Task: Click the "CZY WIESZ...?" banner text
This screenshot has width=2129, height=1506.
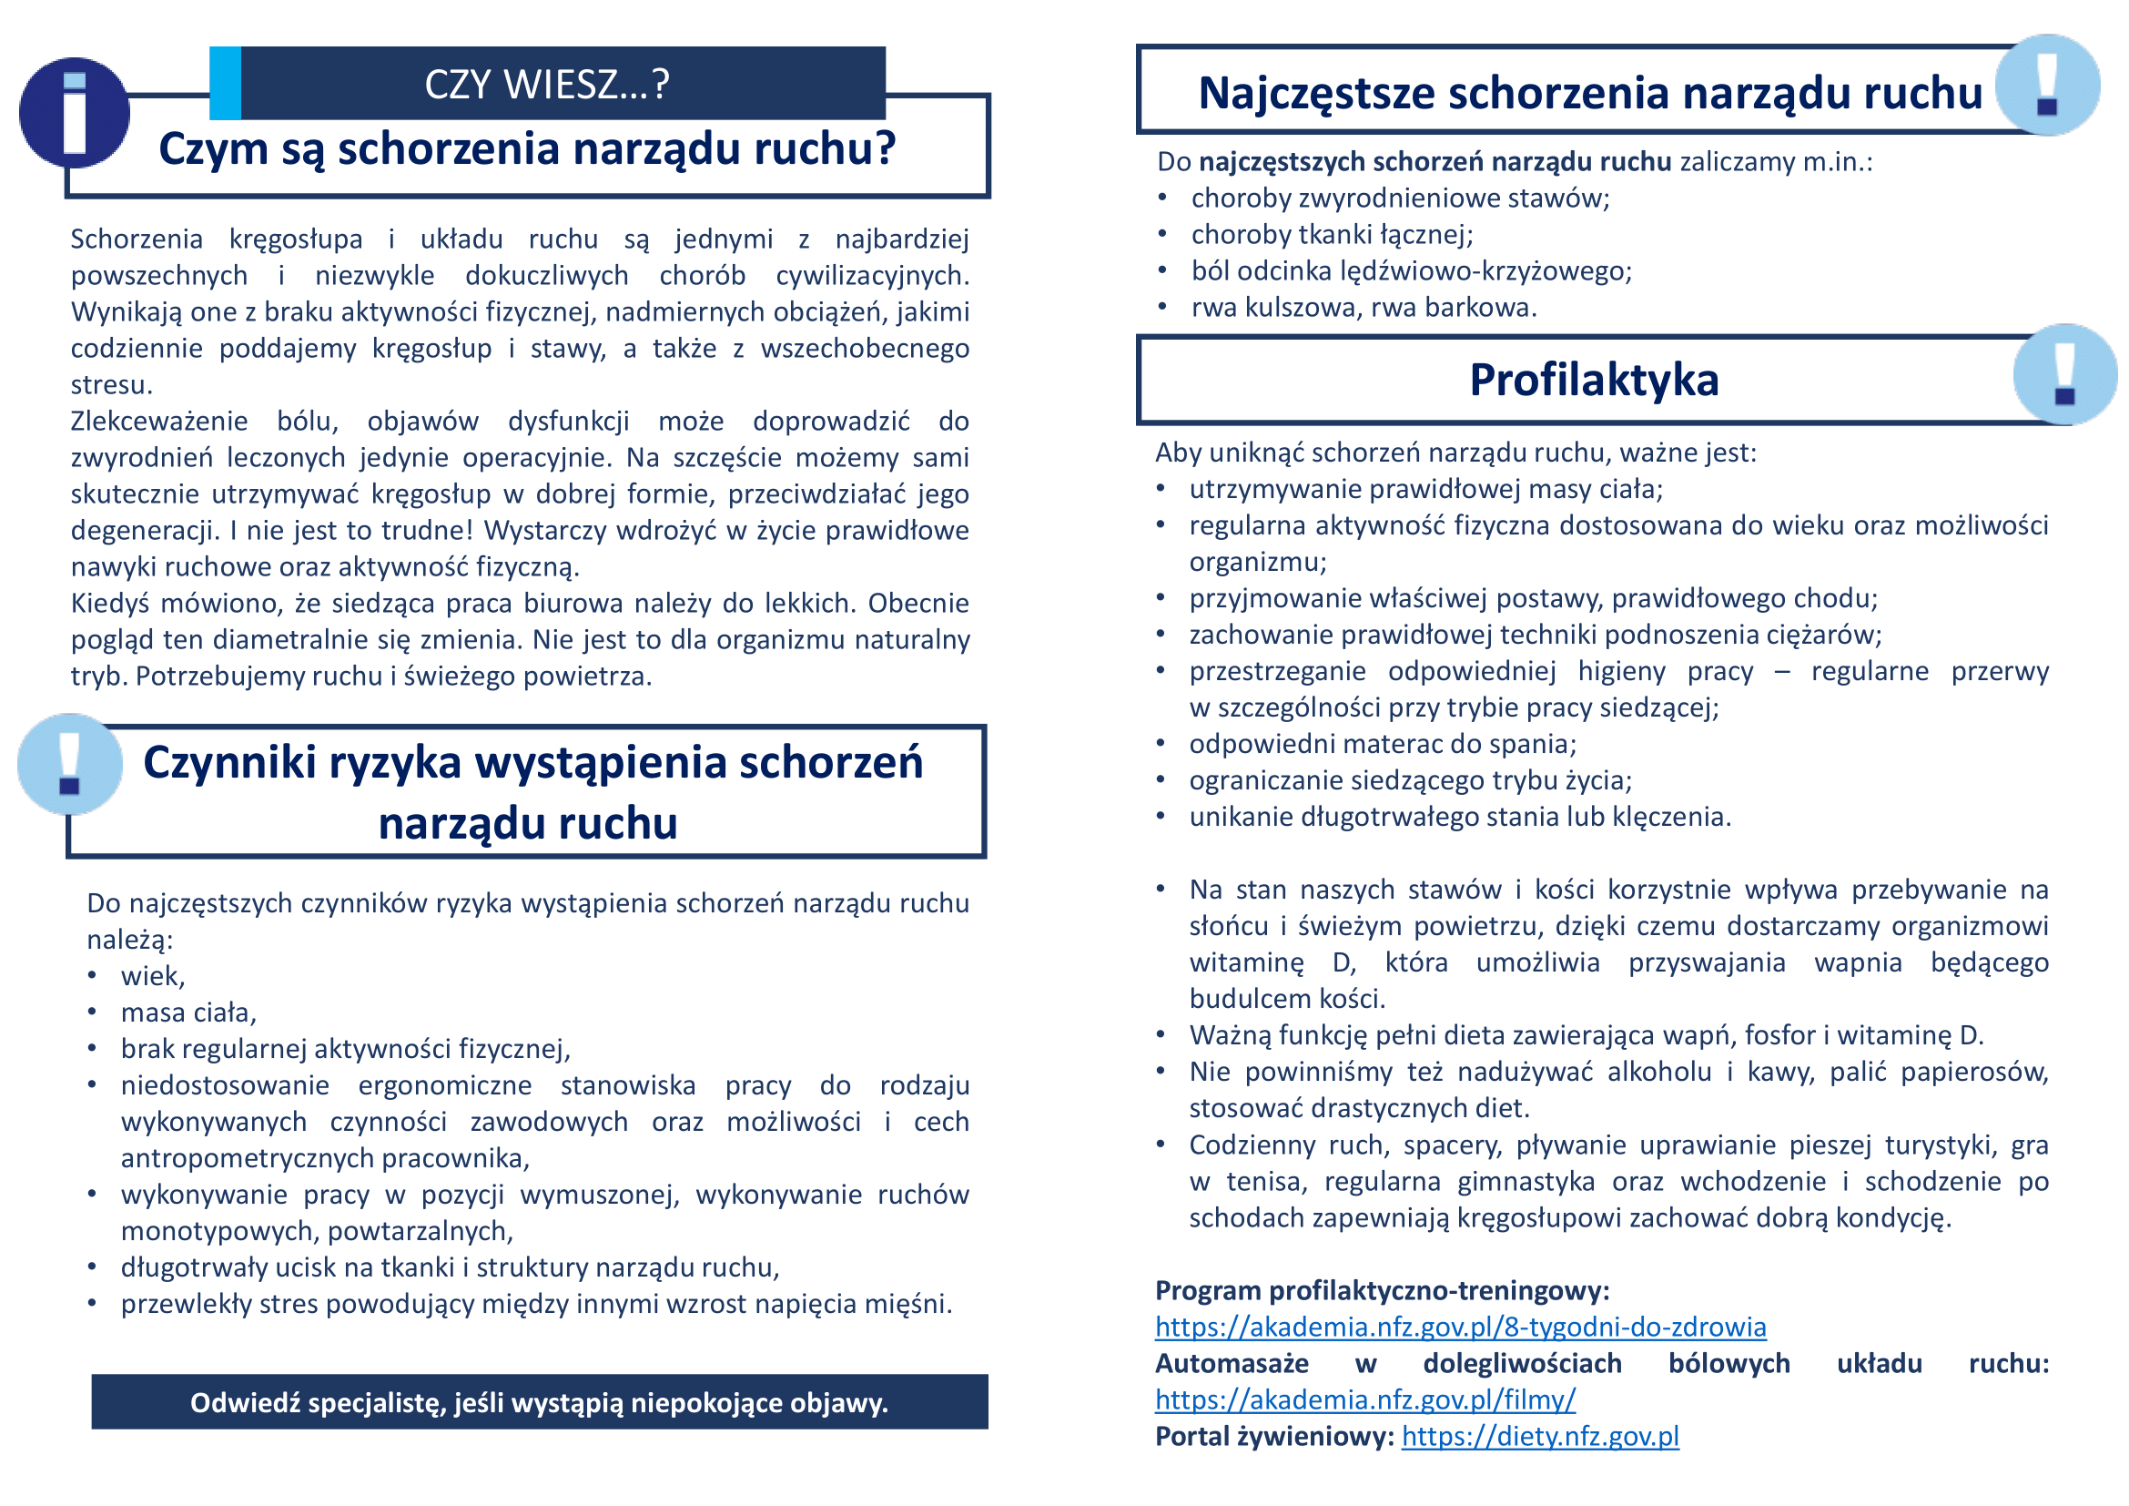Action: (547, 85)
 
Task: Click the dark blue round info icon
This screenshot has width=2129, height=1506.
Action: (74, 113)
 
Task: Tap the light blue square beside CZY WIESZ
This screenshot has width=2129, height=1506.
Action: (226, 84)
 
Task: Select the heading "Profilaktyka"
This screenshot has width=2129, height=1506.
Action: (1594, 381)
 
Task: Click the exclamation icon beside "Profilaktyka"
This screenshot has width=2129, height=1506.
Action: (2065, 374)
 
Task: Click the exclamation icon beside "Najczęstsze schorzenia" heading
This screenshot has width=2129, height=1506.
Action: (2047, 86)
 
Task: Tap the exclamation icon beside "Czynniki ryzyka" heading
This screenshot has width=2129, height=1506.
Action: (70, 764)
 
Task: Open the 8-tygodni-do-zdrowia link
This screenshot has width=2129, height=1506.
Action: (1460, 1327)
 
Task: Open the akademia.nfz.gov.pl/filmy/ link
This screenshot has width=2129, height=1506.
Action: (1365, 1399)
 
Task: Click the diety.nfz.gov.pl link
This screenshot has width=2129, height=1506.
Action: (1540, 1437)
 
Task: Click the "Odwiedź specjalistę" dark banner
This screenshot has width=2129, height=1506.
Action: (540, 1402)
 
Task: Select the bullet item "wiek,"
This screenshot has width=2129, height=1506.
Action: (153, 976)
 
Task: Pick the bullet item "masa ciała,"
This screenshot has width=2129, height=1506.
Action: (188, 1012)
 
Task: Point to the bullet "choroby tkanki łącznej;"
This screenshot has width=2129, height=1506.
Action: (1332, 235)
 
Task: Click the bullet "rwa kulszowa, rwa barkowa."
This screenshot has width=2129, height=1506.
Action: (1364, 308)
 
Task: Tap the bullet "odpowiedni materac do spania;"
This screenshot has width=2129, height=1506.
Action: (1383, 744)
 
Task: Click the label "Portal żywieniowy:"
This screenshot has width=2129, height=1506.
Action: (1274, 1437)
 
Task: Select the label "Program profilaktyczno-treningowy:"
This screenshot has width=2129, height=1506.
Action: (1382, 1291)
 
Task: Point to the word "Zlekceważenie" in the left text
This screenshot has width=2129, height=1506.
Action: (159, 421)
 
